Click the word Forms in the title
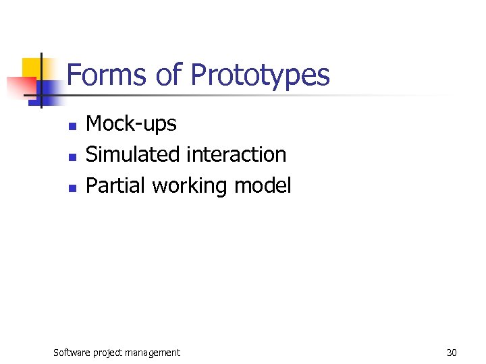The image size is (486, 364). pos(107,75)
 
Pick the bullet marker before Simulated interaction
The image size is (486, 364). pos(72,157)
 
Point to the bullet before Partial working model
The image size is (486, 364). pos(72,188)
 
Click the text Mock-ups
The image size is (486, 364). pos(131,124)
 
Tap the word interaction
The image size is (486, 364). pos(236,154)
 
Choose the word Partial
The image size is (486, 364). pos(116,186)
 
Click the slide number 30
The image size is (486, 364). pos(451,352)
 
